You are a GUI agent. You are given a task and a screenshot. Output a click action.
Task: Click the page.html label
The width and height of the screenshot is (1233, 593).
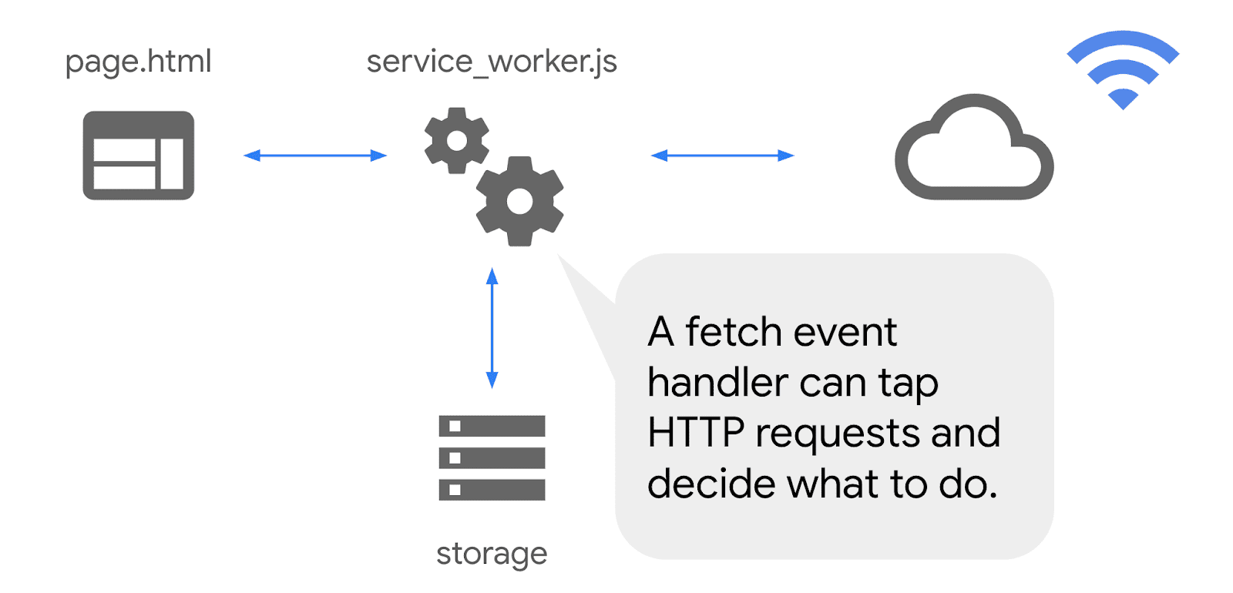tap(138, 62)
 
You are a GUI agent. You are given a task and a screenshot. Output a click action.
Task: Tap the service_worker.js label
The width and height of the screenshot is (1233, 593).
tap(492, 62)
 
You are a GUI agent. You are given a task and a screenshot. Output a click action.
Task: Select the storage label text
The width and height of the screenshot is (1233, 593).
tap(492, 554)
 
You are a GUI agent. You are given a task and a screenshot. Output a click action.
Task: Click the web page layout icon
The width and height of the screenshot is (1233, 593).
tap(139, 156)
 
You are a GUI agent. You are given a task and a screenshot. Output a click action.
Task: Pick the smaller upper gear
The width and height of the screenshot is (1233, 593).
tap(457, 140)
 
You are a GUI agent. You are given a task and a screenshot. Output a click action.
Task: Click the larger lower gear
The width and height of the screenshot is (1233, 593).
tap(520, 201)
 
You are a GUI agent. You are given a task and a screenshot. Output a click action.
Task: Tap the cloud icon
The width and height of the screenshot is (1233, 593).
tap(973, 150)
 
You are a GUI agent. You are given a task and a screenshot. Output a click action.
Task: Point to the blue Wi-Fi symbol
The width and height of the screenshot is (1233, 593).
tap(1123, 68)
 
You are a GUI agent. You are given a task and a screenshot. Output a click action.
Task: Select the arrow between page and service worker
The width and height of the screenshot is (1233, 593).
tap(314, 156)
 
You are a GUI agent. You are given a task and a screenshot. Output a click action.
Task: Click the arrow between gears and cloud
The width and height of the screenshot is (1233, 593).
tap(722, 156)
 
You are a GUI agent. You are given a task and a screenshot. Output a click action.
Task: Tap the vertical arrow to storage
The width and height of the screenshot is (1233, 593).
tap(492, 328)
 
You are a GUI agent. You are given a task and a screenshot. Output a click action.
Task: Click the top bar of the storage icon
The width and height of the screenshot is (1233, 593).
tap(492, 426)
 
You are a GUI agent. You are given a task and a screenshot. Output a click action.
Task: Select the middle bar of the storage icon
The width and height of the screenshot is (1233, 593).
tap(492, 457)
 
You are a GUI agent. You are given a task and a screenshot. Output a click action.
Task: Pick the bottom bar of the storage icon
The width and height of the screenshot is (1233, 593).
tap(492, 489)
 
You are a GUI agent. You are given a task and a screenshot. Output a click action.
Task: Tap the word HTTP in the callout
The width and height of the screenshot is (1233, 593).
tap(695, 433)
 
